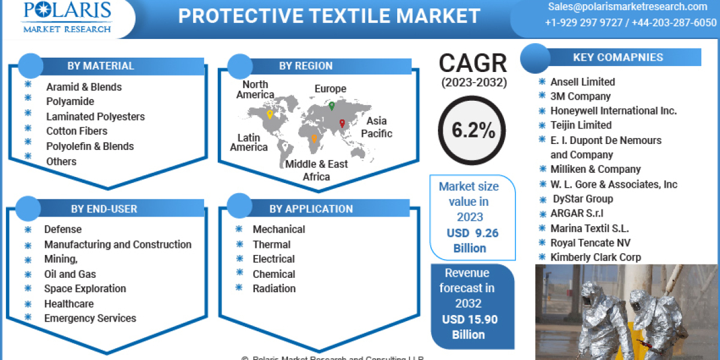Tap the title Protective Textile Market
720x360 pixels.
click(x=329, y=16)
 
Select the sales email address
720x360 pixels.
click(x=627, y=7)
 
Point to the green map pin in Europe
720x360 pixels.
click(x=331, y=106)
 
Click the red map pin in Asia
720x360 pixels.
click(x=342, y=124)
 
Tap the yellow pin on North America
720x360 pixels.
click(x=270, y=115)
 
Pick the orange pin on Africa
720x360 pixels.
click(x=314, y=139)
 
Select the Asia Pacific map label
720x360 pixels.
click(x=377, y=127)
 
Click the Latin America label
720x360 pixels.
click(x=248, y=142)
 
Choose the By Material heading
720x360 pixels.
click(x=101, y=65)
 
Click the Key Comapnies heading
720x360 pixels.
click(x=618, y=58)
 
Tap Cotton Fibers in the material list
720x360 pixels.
click(x=77, y=131)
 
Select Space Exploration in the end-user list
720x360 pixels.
click(x=85, y=289)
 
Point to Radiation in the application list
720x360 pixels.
click(x=274, y=288)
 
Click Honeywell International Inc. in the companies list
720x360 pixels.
click(x=613, y=110)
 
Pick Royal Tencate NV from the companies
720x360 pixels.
click(x=590, y=242)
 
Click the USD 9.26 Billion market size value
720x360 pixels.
click(x=472, y=241)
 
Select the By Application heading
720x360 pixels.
click(x=311, y=209)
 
